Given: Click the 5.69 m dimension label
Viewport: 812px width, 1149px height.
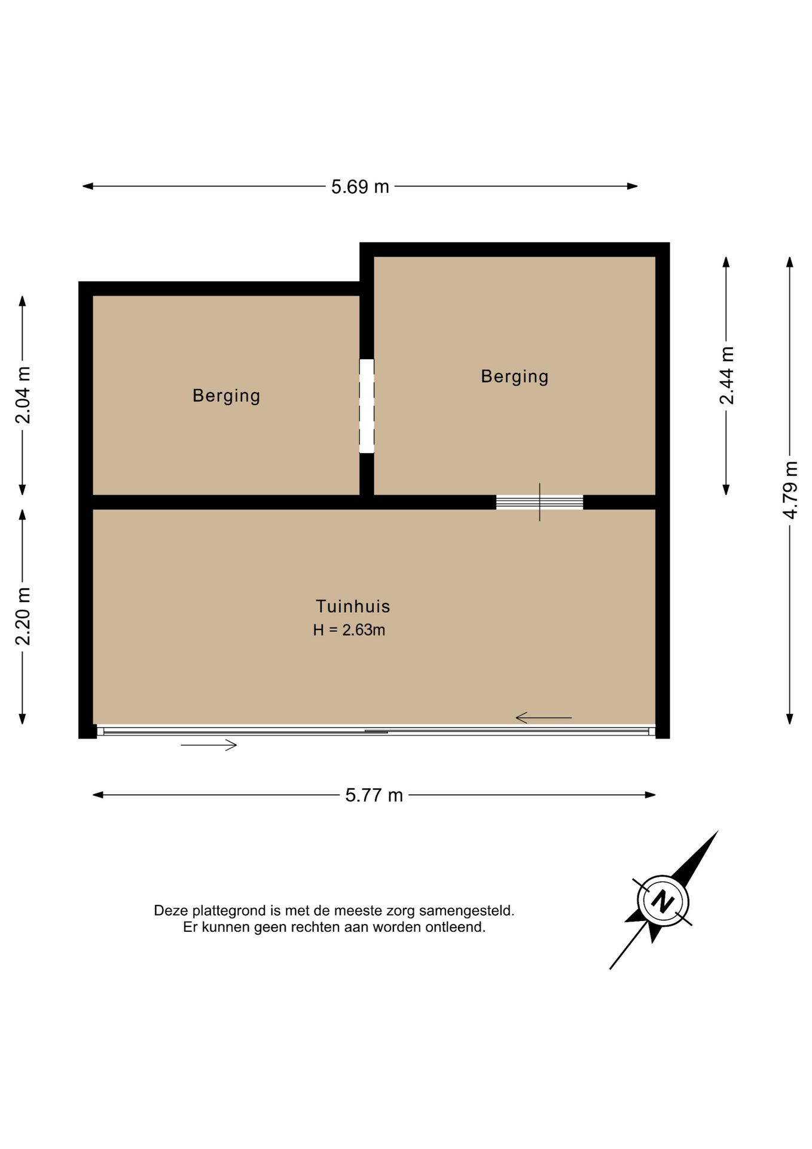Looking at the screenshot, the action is tap(360, 187).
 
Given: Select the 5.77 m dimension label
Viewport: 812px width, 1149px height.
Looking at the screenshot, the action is tap(374, 795).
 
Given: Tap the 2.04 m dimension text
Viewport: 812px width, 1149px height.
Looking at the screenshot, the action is tap(23, 395).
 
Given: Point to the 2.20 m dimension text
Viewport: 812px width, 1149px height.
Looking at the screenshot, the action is tap(23, 616).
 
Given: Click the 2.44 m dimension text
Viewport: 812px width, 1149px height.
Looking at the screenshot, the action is tap(726, 376).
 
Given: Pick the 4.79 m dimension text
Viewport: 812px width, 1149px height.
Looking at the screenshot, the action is tap(790, 490).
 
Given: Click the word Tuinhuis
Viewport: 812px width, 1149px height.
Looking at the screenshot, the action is tap(353, 606).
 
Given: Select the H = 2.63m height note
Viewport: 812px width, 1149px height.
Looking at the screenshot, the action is tap(349, 630).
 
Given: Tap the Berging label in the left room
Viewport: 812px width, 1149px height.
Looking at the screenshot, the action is tap(226, 396).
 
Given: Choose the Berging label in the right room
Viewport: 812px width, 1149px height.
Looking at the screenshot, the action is tap(515, 377).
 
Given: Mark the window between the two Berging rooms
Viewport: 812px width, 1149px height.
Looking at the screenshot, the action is tap(367, 406).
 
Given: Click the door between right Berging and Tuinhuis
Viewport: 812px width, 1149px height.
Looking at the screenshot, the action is tap(539, 502).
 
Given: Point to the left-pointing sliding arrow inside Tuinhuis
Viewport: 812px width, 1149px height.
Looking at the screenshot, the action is tap(544, 717).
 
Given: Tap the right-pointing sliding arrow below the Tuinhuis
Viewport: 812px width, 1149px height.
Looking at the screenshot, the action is tap(209, 745).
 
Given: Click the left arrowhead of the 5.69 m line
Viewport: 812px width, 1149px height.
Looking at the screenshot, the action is tap(87, 186).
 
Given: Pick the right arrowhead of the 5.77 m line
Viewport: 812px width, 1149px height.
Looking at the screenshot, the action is tap(651, 795).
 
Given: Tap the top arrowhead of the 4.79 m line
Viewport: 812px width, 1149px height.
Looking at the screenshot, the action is tap(790, 262).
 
